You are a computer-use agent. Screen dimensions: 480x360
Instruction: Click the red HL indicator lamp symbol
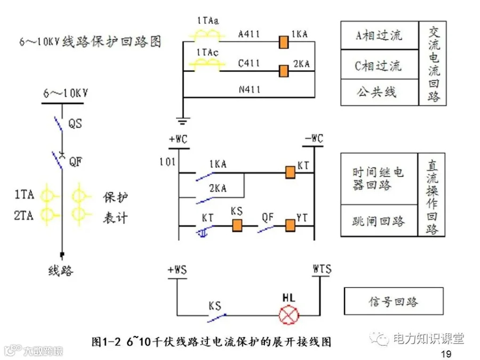pos(289,315)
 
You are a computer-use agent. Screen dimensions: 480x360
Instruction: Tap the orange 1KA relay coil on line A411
pos(284,42)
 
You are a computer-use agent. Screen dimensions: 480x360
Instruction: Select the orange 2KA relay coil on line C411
pos(284,71)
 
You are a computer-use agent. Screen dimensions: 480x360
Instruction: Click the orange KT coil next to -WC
pos(290,172)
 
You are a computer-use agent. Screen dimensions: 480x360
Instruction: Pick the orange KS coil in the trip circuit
pos(237,225)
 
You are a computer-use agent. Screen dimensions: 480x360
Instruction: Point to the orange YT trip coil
pos(290,226)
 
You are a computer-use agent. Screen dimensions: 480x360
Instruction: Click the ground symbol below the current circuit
pos(183,121)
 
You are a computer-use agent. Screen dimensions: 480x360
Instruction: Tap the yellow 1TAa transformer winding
pos(207,35)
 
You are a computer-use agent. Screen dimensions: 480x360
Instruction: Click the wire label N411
pos(250,90)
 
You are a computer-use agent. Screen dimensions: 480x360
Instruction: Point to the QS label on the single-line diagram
pos(75,124)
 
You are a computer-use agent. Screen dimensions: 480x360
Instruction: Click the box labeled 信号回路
pos(394,301)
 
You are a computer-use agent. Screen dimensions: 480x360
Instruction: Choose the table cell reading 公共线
pos(380,92)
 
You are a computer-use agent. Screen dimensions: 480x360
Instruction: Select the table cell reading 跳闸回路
pos(379,221)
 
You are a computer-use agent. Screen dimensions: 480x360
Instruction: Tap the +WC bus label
pos(178,139)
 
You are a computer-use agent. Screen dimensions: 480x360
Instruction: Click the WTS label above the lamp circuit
pos(322,269)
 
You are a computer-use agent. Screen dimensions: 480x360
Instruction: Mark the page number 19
pos(446,354)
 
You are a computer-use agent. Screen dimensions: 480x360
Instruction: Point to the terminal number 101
pos(167,162)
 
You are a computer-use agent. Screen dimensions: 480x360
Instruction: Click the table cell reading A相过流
pos(380,36)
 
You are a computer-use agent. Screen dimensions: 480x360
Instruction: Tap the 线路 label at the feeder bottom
pos(61,270)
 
